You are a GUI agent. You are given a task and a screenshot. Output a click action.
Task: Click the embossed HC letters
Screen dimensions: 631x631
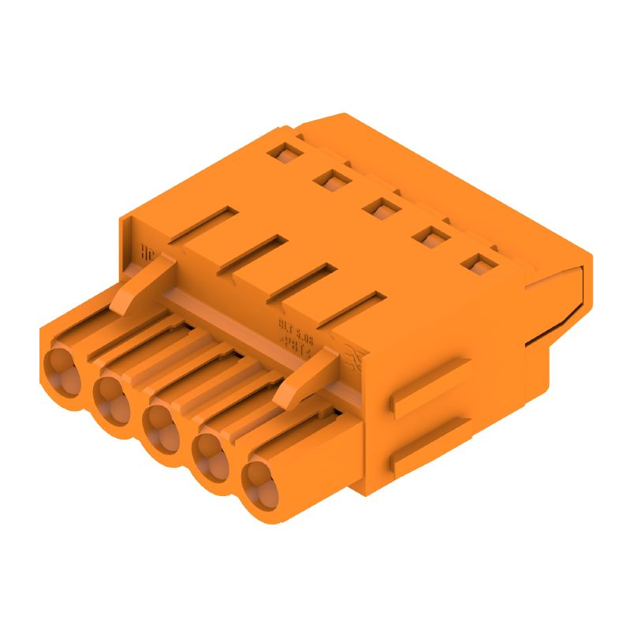point(146,254)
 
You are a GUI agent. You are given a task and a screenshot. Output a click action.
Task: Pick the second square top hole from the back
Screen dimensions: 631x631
point(331,179)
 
